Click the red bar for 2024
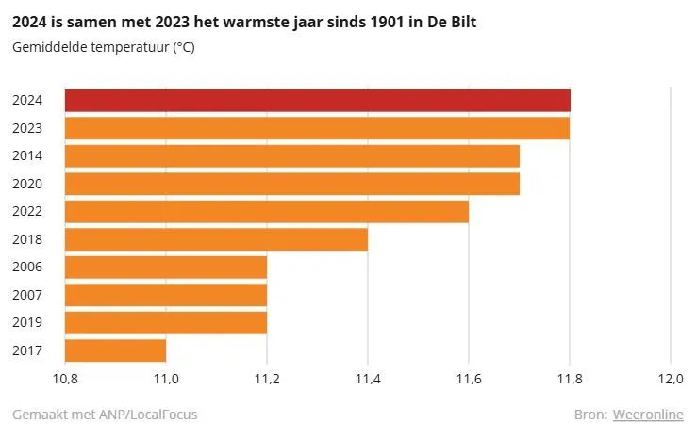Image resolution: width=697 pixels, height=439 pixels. click(317, 100)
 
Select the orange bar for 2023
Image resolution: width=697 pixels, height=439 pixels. click(317, 128)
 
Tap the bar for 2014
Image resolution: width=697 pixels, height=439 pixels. click(291, 155)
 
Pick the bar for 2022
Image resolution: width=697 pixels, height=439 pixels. click(266, 211)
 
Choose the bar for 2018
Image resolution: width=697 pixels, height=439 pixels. click(216, 239)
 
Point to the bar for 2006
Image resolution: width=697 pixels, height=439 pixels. click(165, 267)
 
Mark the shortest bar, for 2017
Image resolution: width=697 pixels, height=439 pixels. click(115, 350)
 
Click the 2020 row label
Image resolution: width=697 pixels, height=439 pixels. click(26, 184)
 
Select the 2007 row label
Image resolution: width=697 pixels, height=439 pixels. click(26, 295)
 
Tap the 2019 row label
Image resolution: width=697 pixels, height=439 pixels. click(26, 323)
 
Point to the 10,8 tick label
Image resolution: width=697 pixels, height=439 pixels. click(64, 380)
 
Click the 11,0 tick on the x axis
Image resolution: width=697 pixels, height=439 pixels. click(166, 380)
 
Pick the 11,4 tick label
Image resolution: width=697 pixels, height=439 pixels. click(367, 380)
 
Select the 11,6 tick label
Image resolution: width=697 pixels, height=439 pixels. click(468, 380)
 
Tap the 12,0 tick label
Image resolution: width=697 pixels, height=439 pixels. click(670, 380)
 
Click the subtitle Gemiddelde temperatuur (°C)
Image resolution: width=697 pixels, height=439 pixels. click(104, 47)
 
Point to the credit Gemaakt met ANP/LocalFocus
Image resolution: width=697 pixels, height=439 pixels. click(105, 415)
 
